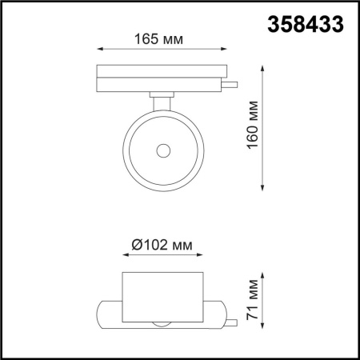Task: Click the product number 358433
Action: [x=305, y=25]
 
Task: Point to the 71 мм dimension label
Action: [x=254, y=302]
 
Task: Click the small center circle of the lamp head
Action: [x=163, y=150]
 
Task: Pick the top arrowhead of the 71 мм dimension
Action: [x=265, y=275]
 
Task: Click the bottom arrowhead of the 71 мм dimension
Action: [x=265, y=327]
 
